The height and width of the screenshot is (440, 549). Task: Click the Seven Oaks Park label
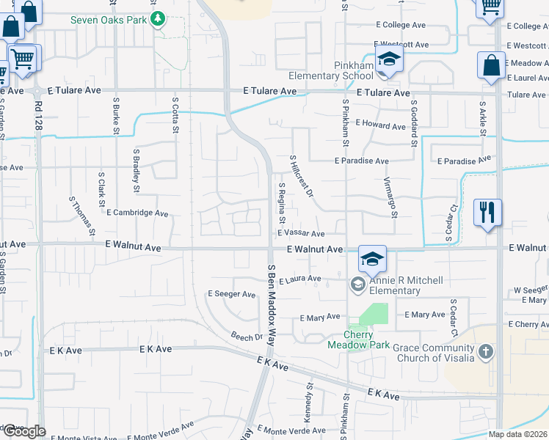[x=108, y=19]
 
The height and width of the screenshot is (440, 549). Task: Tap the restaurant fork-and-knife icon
[x=487, y=213]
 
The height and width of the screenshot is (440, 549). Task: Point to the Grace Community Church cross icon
[x=485, y=353]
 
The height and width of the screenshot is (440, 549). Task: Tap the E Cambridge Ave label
[x=137, y=213]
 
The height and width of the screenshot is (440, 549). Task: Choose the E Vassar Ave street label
[x=301, y=234]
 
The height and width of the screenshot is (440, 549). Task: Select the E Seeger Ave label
[x=231, y=294]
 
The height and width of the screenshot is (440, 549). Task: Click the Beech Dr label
[x=247, y=337]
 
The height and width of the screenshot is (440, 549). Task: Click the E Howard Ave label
[x=380, y=126]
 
